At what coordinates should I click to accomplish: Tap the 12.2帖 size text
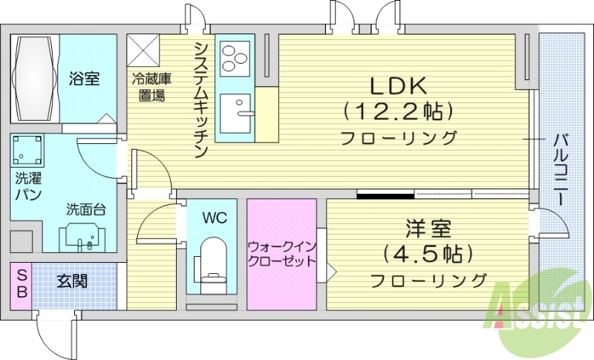tap(397, 111)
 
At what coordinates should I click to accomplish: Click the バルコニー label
tap(562, 171)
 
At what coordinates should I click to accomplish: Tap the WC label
tap(215, 218)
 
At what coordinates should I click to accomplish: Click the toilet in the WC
tap(212, 260)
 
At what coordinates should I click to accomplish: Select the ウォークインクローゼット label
tap(281, 252)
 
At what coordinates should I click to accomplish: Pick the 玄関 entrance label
tap(71, 281)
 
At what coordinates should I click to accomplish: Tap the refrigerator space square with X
tap(146, 50)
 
